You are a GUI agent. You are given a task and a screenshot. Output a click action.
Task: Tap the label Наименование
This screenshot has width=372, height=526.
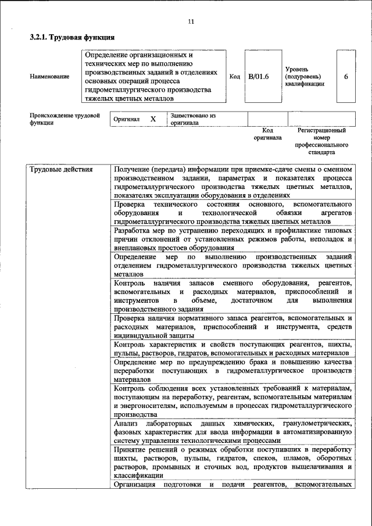coord(49,76)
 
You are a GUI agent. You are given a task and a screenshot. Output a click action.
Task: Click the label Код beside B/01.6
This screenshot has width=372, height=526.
coord(234,76)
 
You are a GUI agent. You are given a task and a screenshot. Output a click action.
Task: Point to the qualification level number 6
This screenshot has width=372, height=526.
coord(346,76)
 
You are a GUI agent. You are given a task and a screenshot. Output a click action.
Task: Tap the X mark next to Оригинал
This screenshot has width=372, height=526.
coord(153,119)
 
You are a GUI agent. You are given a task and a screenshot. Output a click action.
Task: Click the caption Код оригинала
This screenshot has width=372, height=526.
coord(267,134)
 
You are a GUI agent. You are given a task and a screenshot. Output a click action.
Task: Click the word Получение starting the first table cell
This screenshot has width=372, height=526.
coord(134,170)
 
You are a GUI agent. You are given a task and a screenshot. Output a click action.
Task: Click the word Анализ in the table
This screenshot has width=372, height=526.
coord(128,424)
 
